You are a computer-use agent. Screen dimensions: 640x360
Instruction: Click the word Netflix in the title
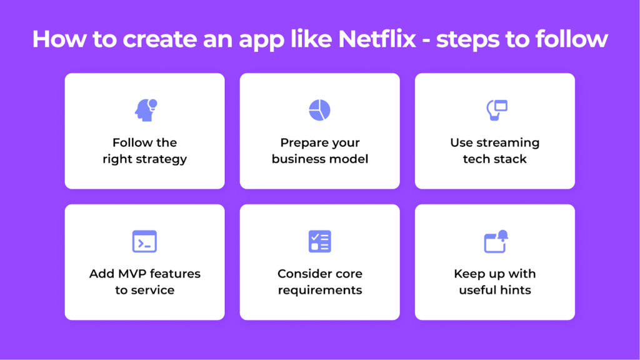[377, 39]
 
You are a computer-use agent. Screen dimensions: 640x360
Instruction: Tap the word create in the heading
[160, 39]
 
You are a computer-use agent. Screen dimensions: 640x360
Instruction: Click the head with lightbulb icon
[146, 110]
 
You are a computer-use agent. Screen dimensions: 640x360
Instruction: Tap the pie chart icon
[319, 110]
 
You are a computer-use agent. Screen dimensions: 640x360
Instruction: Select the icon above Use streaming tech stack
[497, 110]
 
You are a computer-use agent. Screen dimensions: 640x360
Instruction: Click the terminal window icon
[144, 241]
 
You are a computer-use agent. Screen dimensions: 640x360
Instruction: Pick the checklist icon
[319, 241]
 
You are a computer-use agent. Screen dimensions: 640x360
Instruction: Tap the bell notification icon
[496, 241]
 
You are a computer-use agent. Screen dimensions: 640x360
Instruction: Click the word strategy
[162, 159]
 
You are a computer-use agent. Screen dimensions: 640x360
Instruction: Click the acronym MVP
[133, 274]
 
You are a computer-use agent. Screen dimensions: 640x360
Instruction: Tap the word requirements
[320, 290]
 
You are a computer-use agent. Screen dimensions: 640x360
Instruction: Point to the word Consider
[302, 274]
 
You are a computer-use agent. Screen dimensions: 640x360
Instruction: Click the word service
[152, 290]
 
